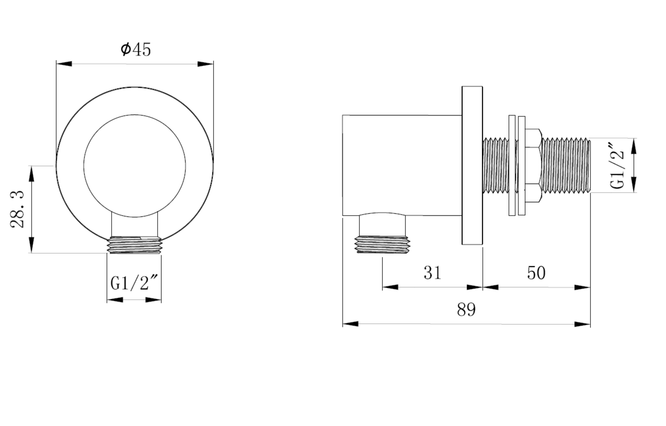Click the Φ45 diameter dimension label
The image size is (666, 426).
(136, 50)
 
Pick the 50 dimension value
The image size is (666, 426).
(536, 273)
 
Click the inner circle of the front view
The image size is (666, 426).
(135, 166)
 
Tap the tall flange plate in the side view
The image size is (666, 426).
(472, 165)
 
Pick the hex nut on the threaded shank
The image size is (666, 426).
(533, 165)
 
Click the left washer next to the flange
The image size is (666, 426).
(512, 165)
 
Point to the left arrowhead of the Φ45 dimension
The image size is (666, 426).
(64, 64)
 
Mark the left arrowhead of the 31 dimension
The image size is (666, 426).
(390, 287)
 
